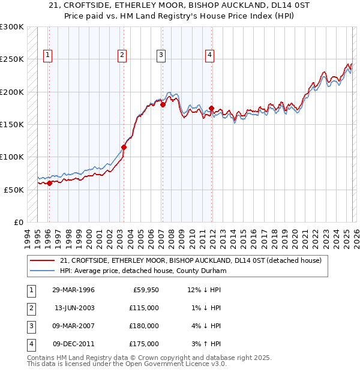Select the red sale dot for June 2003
[x=124, y=147]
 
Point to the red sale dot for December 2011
[x=211, y=109]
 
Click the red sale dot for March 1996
[x=49, y=184]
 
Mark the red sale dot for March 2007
[x=163, y=104]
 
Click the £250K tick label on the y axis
[x=12, y=59]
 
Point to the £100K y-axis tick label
[x=12, y=157]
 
